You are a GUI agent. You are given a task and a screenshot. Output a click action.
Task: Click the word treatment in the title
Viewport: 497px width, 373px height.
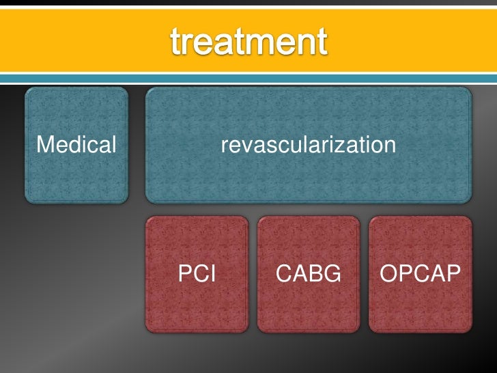(248, 42)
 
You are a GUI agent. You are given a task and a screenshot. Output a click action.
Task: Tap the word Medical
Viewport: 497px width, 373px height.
(76, 145)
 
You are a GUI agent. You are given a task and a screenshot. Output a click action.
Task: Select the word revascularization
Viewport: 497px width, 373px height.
(309, 145)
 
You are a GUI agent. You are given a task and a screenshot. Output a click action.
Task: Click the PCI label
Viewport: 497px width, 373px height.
(197, 275)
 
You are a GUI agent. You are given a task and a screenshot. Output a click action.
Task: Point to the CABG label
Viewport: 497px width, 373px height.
(308, 275)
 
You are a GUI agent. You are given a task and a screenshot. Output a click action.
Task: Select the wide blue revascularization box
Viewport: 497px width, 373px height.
(309, 178)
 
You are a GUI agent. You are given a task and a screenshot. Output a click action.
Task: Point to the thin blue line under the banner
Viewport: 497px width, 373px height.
(248, 81)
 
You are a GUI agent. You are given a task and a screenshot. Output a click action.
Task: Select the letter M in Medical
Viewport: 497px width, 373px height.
(45, 145)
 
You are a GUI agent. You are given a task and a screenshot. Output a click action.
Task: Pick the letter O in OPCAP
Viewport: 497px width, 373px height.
(388, 275)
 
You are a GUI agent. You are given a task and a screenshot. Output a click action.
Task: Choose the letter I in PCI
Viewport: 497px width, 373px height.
(212, 275)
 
